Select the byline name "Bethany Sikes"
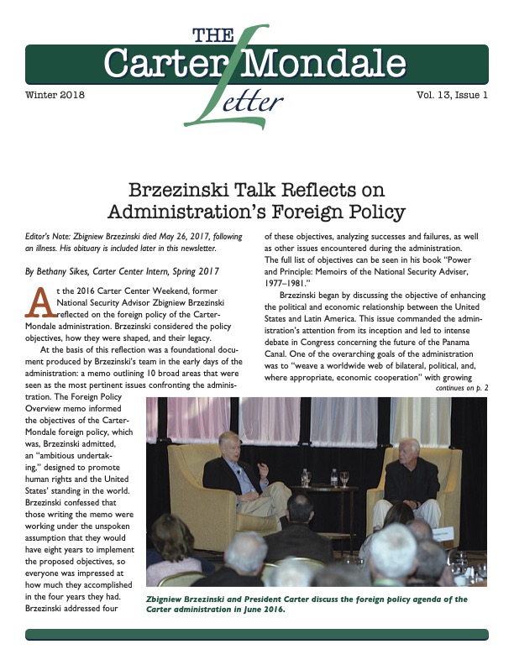(76, 273)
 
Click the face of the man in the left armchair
(228, 442)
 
